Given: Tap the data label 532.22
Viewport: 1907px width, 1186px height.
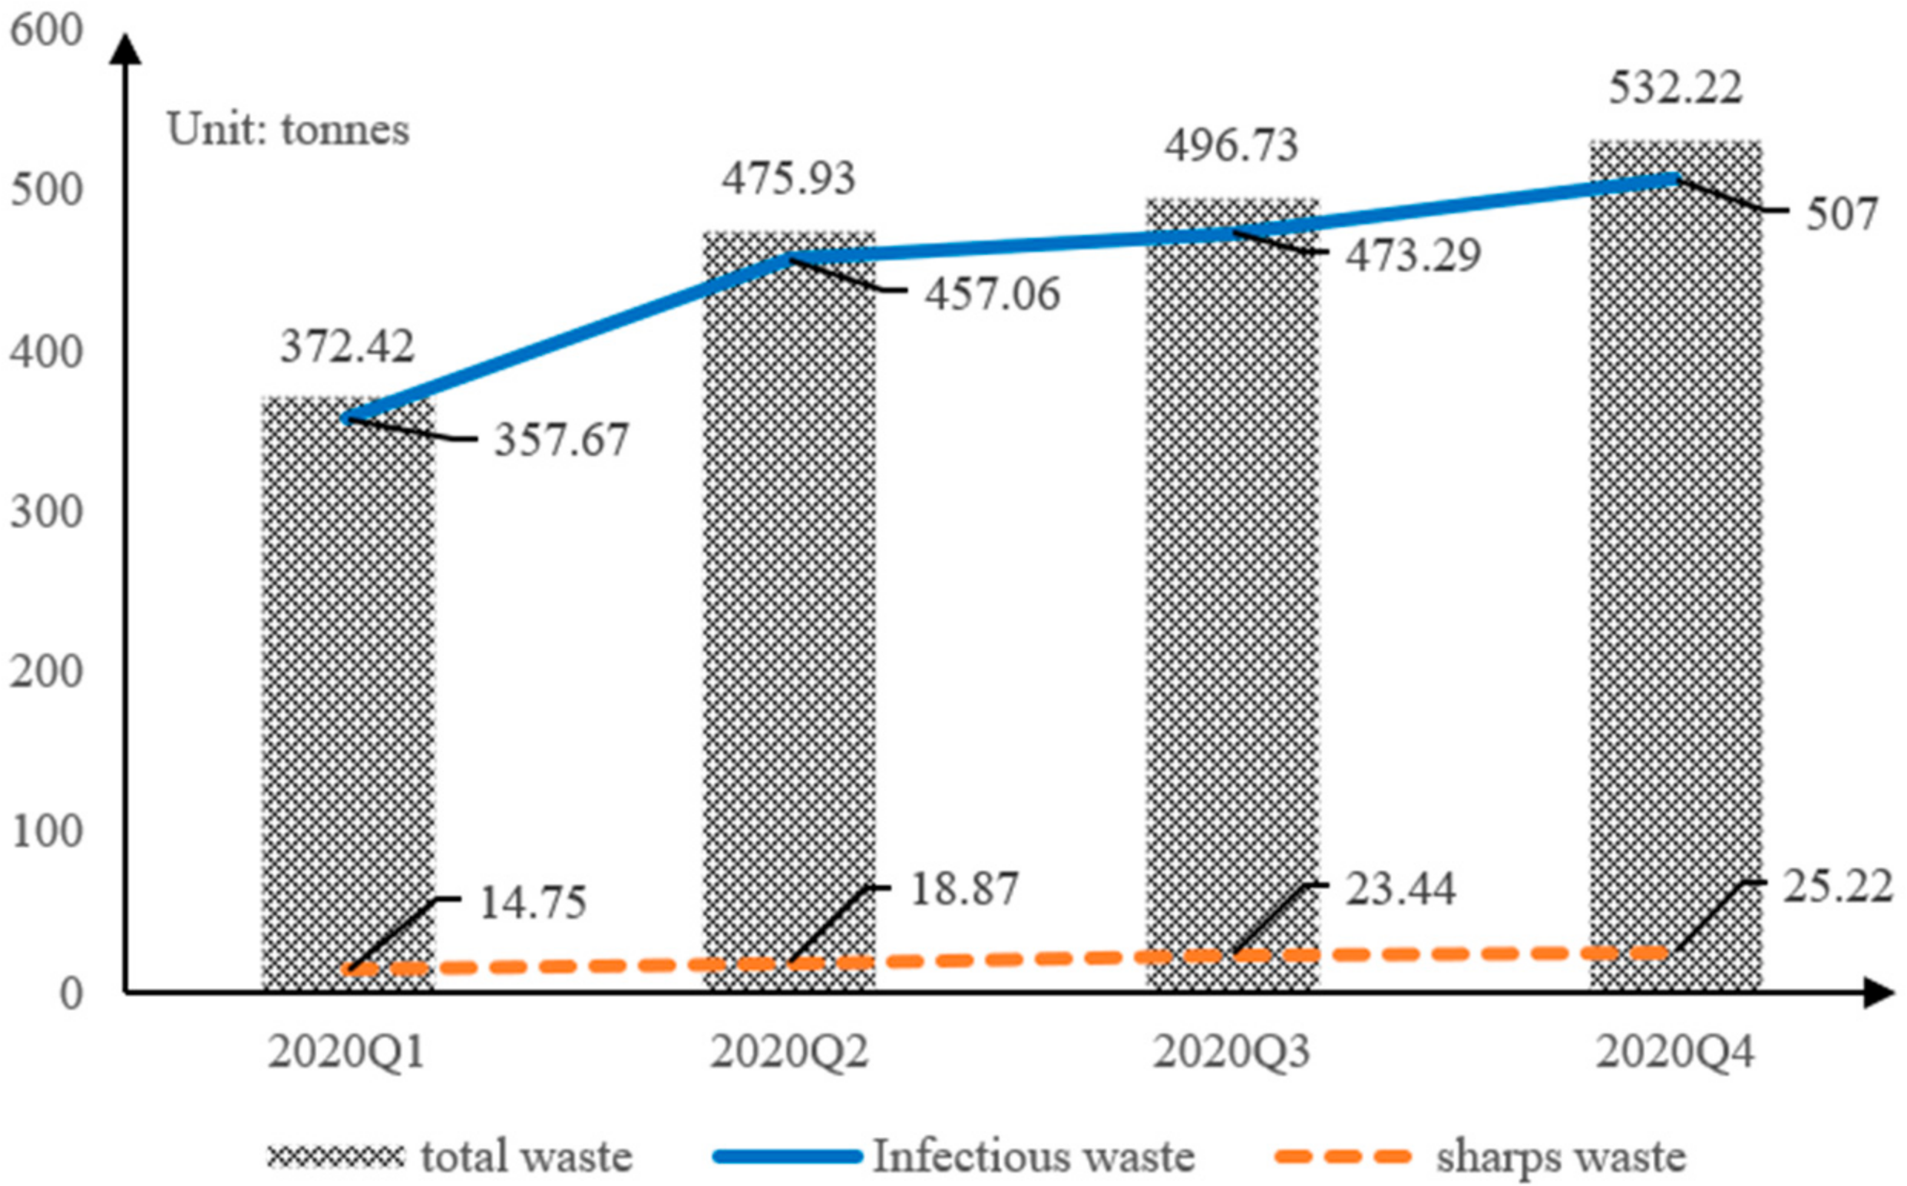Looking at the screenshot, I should pyautogui.click(x=1676, y=88).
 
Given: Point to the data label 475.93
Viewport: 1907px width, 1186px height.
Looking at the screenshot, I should pyautogui.click(x=788, y=179).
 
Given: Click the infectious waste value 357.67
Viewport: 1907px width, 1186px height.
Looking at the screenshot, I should pyautogui.click(x=561, y=439).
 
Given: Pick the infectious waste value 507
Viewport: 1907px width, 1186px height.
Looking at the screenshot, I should pyautogui.click(x=1841, y=214).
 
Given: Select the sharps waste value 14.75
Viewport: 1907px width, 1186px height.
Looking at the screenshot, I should pyautogui.click(x=533, y=903).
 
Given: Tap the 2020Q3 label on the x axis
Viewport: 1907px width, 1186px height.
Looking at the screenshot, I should pyautogui.click(x=1231, y=1052).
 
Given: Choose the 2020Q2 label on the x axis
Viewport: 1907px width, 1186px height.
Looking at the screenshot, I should pyautogui.click(x=789, y=1052).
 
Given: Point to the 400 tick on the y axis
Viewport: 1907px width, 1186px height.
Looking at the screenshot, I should pyautogui.click(x=45, y=353).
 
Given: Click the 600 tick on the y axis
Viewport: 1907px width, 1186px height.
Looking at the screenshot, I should pyautogui.click(x=45, y=31).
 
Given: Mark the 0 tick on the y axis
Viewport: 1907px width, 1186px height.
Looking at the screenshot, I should pyautogui.click(x=71, y=995).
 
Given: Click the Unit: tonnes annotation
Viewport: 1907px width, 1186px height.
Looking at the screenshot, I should pyautogui.click(x=288, y=130).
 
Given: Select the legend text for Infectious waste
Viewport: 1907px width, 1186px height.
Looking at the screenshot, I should pyautogui.click(x=1033, y=1156).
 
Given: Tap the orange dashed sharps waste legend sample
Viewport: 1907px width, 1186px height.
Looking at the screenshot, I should pyautogui.click(x=1342, y=1156).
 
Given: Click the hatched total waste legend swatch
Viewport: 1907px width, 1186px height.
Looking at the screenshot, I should pyautogui.click(x=335, y=1156).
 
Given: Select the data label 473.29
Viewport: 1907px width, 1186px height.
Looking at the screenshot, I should pyautogui.click(x=1413, y=256).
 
